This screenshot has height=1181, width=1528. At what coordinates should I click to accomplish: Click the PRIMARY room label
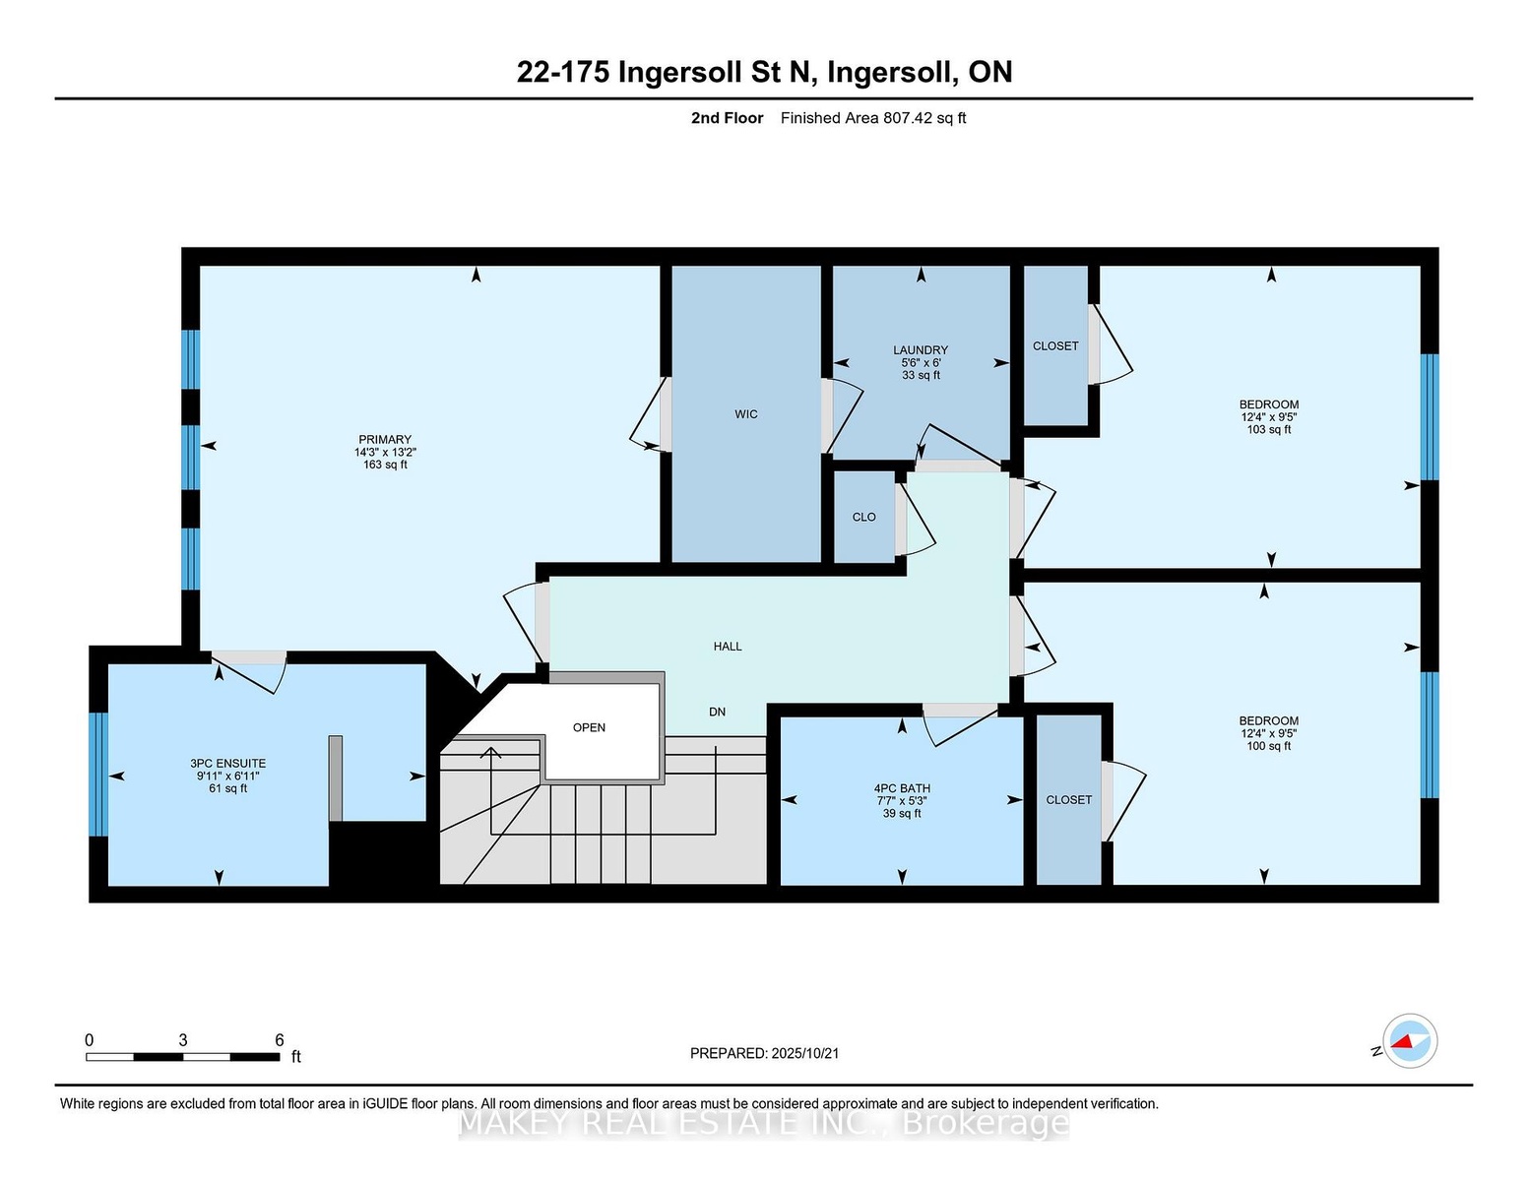[385, 440]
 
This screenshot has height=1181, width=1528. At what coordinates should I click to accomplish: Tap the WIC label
[746, 414]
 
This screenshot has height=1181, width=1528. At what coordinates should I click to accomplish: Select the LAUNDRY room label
[921, 350]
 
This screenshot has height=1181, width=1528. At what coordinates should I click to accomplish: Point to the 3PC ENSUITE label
[227, 764]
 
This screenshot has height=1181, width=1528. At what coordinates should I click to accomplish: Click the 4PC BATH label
[902, 789]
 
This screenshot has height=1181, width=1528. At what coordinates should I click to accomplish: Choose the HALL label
[728, 647]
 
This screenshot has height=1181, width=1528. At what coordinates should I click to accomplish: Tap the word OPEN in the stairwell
[590, 728]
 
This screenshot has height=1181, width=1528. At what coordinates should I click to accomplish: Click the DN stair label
[718, 712]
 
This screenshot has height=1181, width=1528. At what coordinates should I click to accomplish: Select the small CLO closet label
[864, 517]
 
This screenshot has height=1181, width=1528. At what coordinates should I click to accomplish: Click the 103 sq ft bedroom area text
[1269, 429]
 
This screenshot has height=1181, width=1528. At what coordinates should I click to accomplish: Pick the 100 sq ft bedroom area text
[1269, 746]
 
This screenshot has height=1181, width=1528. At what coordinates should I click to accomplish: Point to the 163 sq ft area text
[385, 465]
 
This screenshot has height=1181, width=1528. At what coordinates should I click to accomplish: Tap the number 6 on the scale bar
[280, 1040]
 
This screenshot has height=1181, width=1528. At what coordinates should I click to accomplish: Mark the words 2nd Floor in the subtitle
[728, 118]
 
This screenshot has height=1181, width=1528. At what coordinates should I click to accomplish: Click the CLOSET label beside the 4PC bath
[1069, 800]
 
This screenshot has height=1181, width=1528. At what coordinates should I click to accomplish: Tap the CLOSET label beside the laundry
[1055, 346]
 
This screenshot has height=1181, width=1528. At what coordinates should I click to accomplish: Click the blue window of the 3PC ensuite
[98, 775]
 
